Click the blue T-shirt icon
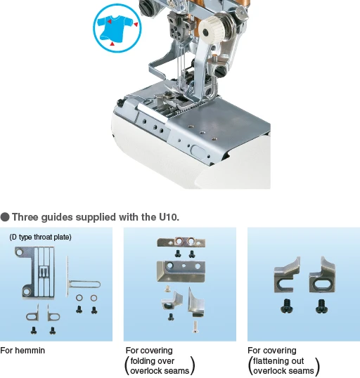pos(117,28)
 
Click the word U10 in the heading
pos(168,217)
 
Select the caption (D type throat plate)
pos(40,237)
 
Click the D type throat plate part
pos(36,273)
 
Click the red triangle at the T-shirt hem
pos(112,44)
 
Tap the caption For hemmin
pos(22,351)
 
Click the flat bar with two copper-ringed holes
pos(181,242)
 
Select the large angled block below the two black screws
pos(181,271)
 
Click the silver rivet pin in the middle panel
pos(195,327)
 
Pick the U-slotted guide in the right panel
pos(287,275)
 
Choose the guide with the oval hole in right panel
pos(322,275)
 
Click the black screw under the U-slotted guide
pos(287,306)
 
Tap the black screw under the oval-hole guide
pos(321,306)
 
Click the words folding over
pos(153,361)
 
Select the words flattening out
pos(278,361)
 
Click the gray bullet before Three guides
pos(5,217)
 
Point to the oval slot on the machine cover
pos(198,152)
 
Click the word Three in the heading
pos(25,217)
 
